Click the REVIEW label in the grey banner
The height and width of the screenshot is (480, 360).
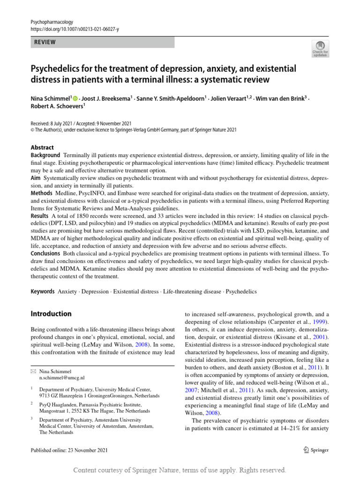pos(45,42)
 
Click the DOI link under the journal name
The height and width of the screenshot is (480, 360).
pos(75,29)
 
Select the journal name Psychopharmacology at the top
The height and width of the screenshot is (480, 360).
pos(52,22)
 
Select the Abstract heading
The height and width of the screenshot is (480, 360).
pos(42,147)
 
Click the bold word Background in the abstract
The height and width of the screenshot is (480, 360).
pos(45,155)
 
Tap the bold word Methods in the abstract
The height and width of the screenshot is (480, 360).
pos(42,193)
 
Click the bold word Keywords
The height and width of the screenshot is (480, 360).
pos(43,291)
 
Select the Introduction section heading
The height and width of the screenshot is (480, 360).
pos(51,314)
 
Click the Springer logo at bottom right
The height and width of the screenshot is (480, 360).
pos(316,450)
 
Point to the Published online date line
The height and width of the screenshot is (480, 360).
pos(69,450)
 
